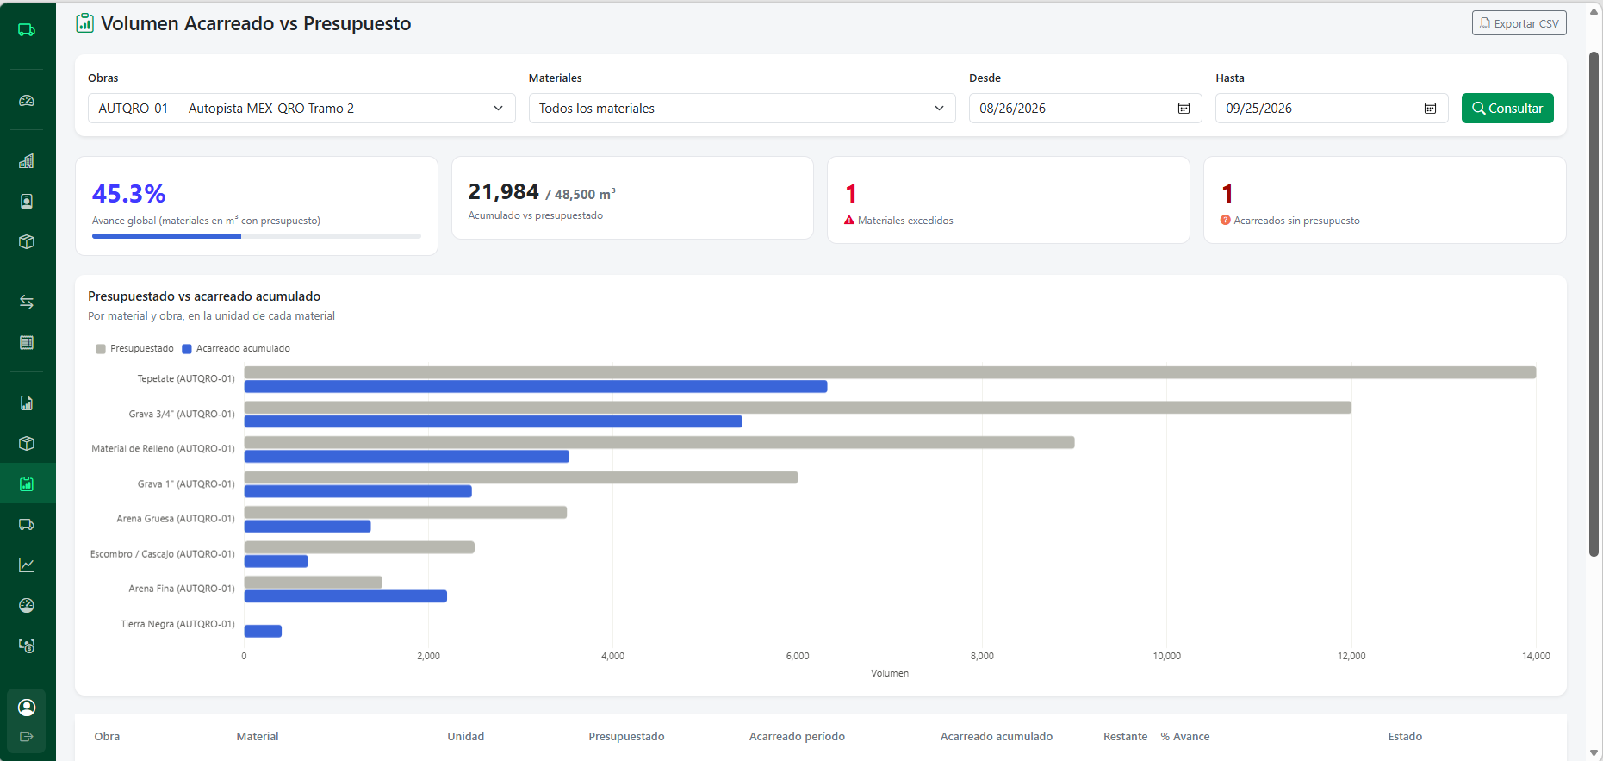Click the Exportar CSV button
[x=1519, y=23]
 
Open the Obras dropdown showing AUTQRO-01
[x=301, y=109]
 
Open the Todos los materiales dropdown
[x=742, y=109]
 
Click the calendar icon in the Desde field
[x=1184, y=109]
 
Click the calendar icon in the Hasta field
[x=1430, y=109]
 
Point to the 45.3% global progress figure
[x=128, y=194]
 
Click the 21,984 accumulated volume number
[x=503, y=191]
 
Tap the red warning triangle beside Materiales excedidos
[x=849, y=221]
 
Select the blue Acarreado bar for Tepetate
[x=536, y=387]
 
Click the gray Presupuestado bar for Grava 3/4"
[x=798, y=408]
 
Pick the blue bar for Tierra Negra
[x=263, y=631]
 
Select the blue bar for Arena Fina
[x=345, y=596]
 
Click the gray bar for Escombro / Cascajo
[x=359, y=547]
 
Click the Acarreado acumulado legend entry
[x=236, y=349]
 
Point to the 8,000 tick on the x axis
[x=982, y=656]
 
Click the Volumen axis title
[x=890, y=673]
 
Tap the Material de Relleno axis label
[x=163, y=449]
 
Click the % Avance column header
[x=1184, y=737]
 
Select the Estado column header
[x=1405, y=737]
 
